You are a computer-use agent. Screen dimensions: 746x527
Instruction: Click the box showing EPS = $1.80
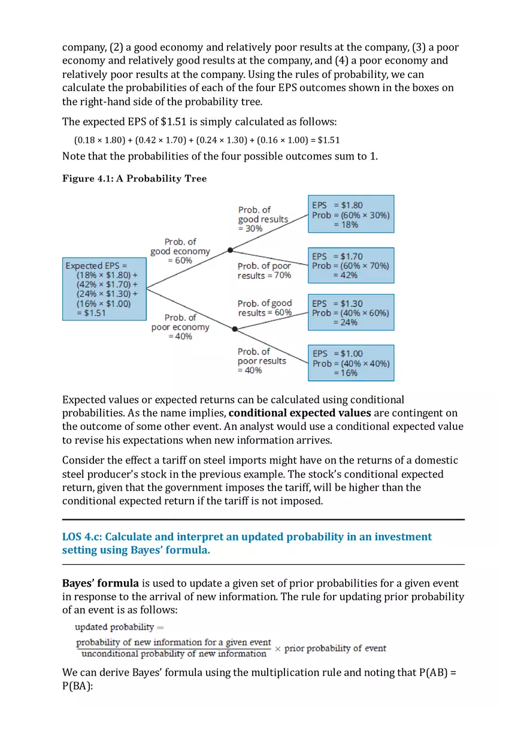[x=351, y=214]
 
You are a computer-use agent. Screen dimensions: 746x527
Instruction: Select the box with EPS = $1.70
[x=351, y=265]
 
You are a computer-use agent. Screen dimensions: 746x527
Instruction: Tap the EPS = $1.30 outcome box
[x=351, y=312]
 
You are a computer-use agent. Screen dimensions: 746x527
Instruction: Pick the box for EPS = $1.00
[x=351, y=363]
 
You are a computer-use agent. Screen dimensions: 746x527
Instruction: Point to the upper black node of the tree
[x=231, y=249]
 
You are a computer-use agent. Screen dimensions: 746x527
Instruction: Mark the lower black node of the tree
[x=235, y=329]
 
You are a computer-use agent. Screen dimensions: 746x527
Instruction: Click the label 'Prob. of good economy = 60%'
[x=180, y=251]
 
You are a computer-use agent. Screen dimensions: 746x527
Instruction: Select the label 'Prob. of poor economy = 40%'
[x=180, y=327]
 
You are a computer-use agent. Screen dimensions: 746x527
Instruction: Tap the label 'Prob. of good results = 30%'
[x=263, y=219]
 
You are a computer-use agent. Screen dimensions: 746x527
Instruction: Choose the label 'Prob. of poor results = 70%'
[x=264, y=270]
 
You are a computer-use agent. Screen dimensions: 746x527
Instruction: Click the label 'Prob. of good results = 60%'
[x=265, y=308]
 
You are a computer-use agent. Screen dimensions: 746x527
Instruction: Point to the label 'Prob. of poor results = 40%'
[x=262, y=361]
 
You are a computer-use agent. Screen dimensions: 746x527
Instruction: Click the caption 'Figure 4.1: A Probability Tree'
[x=134, y=179]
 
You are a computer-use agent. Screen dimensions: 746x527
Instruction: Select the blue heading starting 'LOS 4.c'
[x=247, y=543]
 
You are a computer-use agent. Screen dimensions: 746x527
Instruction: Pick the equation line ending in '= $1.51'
[x=207, y=140]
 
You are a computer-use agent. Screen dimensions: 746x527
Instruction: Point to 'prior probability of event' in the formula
[x=335, y=648]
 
